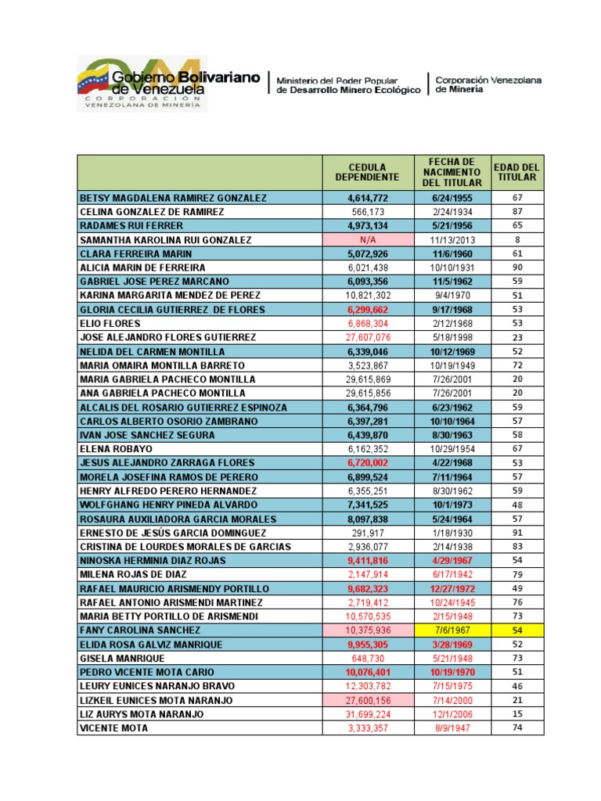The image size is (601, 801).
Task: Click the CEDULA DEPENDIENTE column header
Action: tap(367, 172)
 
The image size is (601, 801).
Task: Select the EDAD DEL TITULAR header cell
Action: tap(516, 172)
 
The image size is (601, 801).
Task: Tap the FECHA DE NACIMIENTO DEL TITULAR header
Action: tap(452, 172)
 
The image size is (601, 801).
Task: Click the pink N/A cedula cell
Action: tap(367, 240)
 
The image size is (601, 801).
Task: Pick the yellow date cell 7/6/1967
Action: tap(452, 630)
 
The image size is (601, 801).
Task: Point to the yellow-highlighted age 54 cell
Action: tap(516, 630)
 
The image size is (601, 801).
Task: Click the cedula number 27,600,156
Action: tap(367, 699)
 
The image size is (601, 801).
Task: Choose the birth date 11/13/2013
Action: tap(452, 240)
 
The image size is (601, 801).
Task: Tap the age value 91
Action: tap(516, 533)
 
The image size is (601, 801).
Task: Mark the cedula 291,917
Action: tap(367, 533)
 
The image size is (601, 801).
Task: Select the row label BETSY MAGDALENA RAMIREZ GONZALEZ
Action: tap(173, 198)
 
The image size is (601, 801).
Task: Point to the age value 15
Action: tap(516, 713)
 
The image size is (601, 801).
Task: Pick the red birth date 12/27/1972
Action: tap(452, 588)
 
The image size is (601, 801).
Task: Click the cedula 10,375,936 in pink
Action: tap(367, 630)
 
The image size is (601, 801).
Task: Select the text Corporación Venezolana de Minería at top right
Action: tap(488, 84)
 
